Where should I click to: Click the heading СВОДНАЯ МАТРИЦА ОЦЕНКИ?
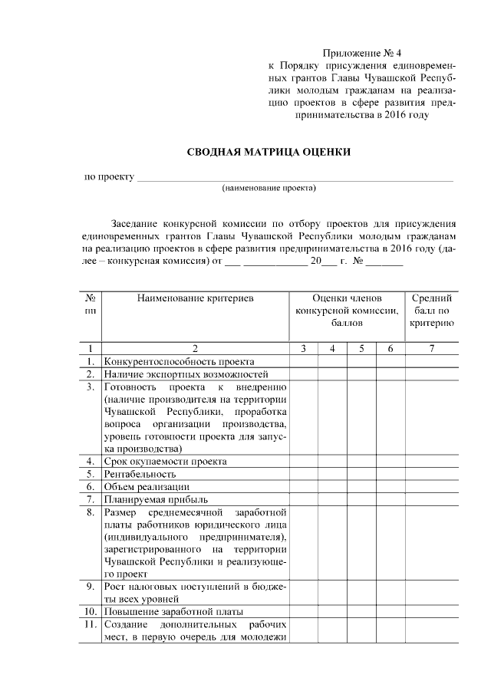coord(269,152)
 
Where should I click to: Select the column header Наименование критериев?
coord(195,298)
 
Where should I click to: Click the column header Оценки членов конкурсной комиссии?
coord(346,311)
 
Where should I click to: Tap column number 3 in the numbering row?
coord(304,349)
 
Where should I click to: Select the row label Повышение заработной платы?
coord(173,611)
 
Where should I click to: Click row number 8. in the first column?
coord(91,511)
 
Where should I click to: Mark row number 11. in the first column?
coord(91,624)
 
